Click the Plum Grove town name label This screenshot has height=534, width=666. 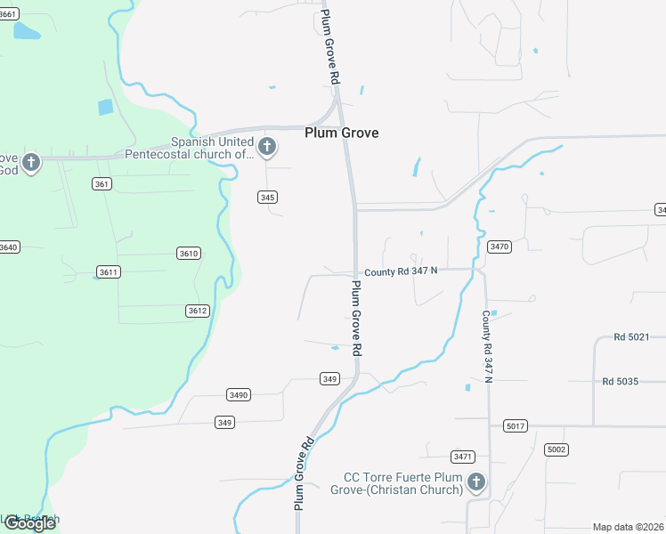click(x=341, y=133)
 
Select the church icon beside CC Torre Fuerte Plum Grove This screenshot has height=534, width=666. click(x=476, y=483)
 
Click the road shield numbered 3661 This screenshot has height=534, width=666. click(x=7, y=14)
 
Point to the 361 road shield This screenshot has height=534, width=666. click(x=102, y=184)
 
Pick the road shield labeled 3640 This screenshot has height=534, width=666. click(x=8, y=247)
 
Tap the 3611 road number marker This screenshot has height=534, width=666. click(x=109, y=271)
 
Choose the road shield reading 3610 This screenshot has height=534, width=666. click(x=188, y=254)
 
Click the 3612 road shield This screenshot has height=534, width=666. click(x=198, y=311)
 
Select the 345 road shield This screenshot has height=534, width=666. click(x=267, y=198)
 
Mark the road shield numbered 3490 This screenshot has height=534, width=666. click(x=239, y=394)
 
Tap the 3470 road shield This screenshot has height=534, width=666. click(x=499, y=247)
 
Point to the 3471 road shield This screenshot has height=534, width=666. click(x=462, y=457)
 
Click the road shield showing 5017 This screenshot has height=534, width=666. click(x=516, y=425)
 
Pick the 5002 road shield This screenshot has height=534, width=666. click(x=556, y=449)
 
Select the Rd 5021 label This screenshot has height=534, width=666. click(x=632, y=337)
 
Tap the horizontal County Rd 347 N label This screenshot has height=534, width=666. click(x=400, y=270)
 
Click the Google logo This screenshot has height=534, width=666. click(x=28, y=523)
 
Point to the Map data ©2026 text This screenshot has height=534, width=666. click(x=628, y=527)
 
